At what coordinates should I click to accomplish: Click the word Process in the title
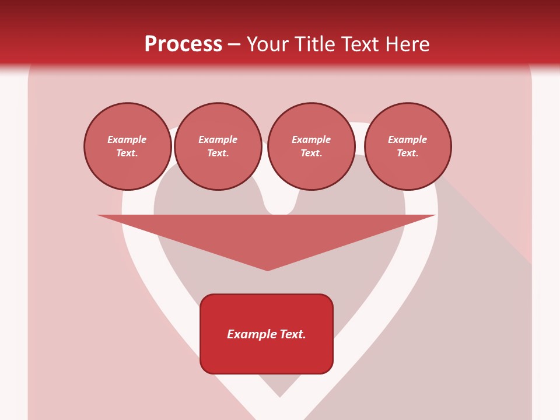pyautogui.click(x=183, y=44)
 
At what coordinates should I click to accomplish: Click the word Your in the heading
pyautogui.click(x=267, y=44)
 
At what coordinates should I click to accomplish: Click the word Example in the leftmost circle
pyautogui.click(x=127, y=139)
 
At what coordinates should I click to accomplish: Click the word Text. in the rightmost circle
pyautogui.click(x=408, y=153)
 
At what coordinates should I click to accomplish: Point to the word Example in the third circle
pyautogui.click(x=311, y=139)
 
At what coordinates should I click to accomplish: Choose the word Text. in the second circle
pyautogui.click(x=218, y=153)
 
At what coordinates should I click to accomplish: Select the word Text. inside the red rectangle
pyautogui.click(x=292, y=334)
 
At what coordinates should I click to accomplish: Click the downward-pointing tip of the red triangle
pyautogui.click(x=268, y=269)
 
